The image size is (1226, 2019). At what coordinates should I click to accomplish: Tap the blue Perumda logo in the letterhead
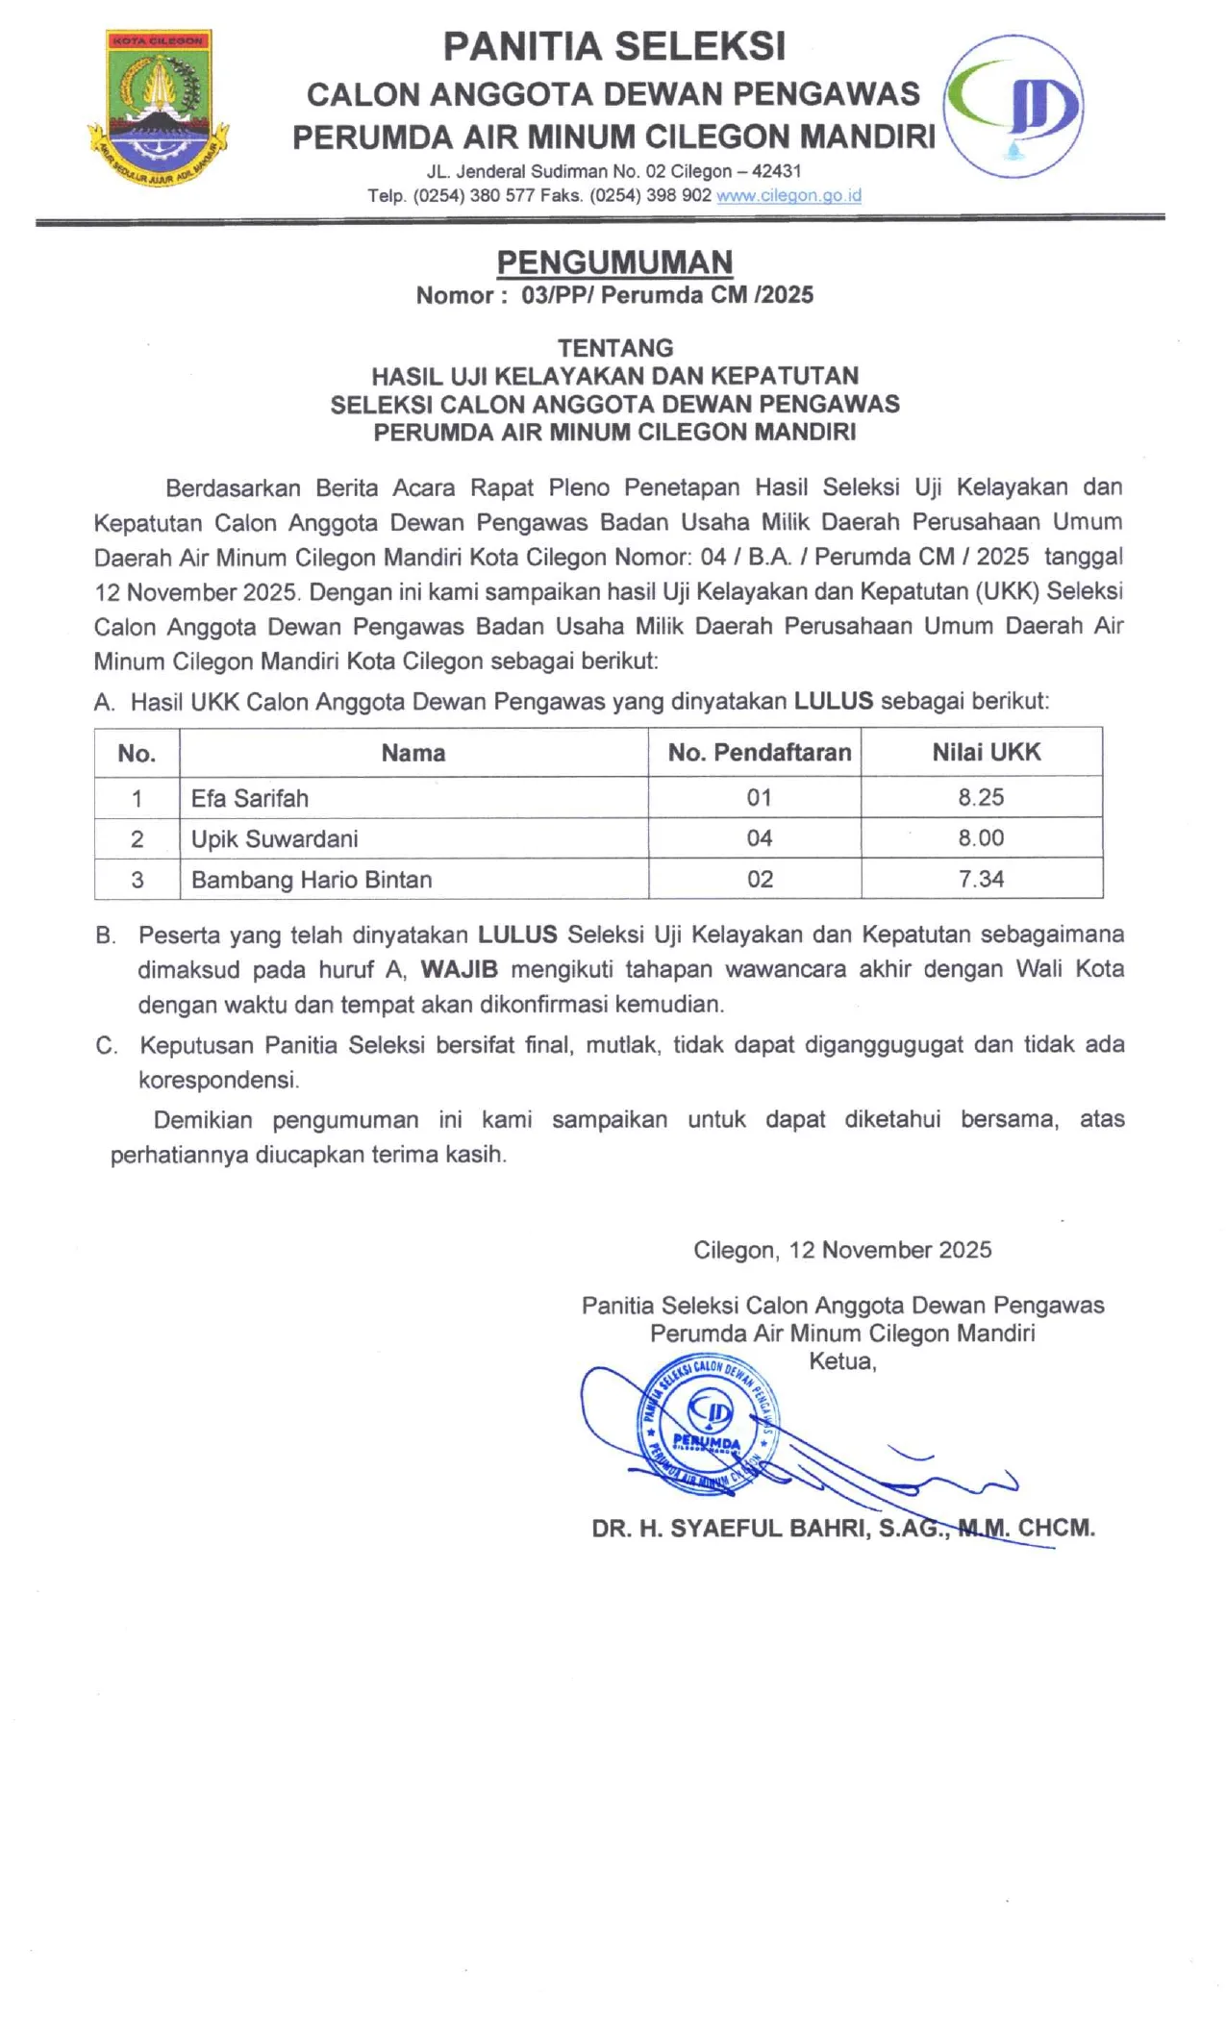pos(1013,106)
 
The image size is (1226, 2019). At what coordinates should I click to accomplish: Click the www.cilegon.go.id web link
pos(788,195)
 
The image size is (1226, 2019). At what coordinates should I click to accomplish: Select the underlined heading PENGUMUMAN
pos(614,262)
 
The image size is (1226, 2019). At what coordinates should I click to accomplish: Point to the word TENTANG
pos(615,348)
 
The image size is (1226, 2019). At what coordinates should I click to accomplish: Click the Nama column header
pos(413,753)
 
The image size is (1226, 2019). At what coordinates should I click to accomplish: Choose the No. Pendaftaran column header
pos(760,753)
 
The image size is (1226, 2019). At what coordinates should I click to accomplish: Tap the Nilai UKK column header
pos(986,753)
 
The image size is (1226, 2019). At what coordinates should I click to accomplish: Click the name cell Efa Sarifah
pos(250,798)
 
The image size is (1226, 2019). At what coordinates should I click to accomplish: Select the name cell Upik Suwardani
pos(275,839)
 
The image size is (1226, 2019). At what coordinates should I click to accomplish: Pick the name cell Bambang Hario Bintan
pos(312,880)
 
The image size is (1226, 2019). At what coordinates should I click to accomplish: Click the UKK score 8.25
pos(981,797)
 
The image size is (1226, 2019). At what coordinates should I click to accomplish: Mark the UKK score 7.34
pos(981,879)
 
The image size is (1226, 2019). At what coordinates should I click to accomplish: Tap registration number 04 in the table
pos(760,838)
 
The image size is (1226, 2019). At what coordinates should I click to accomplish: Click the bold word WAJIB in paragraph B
pos(459,969)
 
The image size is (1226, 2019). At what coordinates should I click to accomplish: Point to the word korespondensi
pos(218,1080)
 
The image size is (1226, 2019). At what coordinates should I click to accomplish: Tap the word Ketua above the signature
pos(842,1361)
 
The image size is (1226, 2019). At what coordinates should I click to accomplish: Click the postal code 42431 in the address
pos(776,171)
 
